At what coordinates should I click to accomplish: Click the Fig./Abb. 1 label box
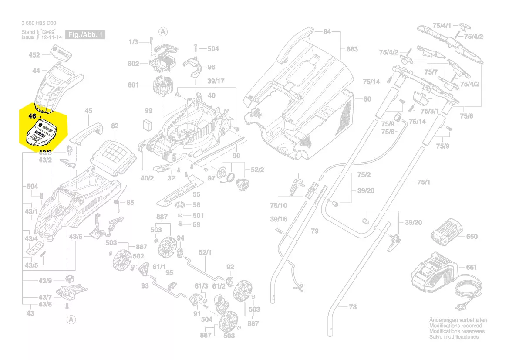[x=85, y=34]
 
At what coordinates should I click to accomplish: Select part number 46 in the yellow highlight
[x=32, y=116]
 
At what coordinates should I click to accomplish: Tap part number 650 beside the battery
[x=472, y=237]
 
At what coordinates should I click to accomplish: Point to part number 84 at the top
[x=327, y=31]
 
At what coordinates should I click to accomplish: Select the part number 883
[x=352, y=49]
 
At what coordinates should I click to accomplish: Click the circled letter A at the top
[x=163, y=31]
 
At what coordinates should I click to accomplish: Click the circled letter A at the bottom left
[x=70, y=320]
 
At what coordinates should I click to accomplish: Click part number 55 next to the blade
[x=196, y=194]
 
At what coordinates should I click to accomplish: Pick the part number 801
[x=133, y=85]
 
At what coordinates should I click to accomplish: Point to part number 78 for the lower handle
[x=353, y=307]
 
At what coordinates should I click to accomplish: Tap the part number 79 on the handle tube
[x=314, y=231]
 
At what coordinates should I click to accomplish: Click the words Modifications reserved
[x=455, y=326]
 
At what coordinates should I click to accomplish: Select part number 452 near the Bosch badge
[x=34, y=55]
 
